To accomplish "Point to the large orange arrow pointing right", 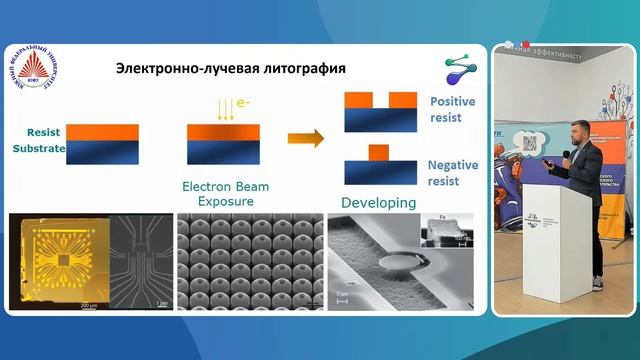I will [305, 138].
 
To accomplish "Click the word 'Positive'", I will [452, 102].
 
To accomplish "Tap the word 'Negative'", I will [453, 165].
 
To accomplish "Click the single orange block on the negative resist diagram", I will [378, 151].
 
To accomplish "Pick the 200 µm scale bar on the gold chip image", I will [88, 301].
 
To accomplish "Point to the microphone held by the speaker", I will [567, 155].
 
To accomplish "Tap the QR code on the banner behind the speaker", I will [531, 141].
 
